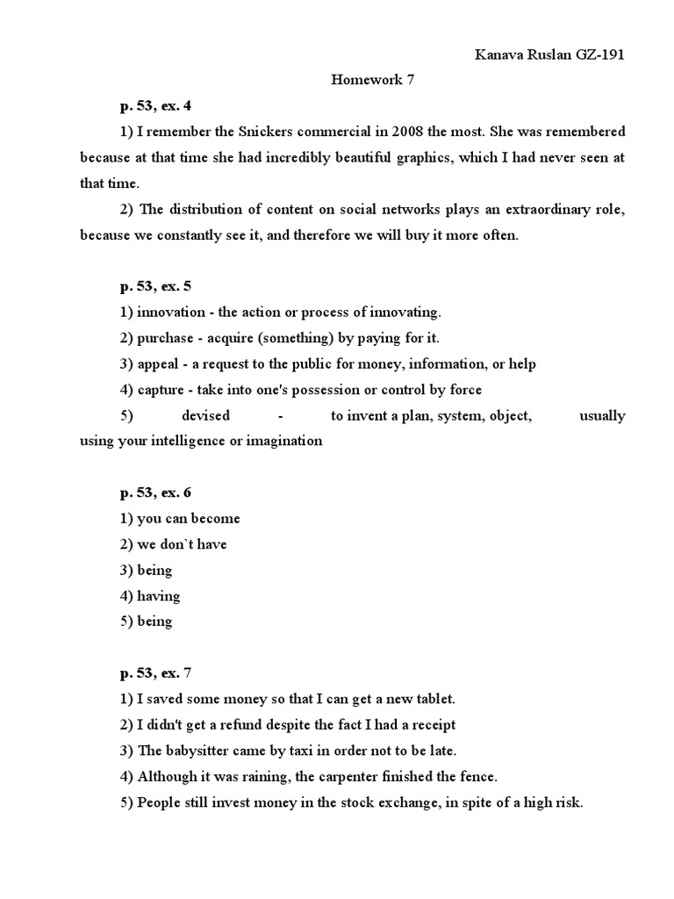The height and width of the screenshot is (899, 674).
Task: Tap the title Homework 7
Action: coord(372,80)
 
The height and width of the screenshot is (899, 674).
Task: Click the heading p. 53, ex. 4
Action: coord(155,106)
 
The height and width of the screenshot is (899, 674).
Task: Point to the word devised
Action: coord(205,415)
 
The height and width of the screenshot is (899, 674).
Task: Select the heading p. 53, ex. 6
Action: coord(155,493)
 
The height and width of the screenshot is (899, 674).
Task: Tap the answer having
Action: coord(159,596)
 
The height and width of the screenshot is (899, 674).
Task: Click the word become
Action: coord(216,519)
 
